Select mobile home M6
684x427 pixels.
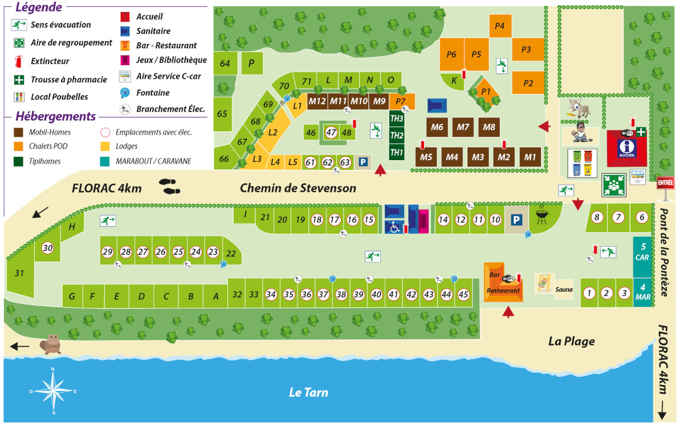[x=437, y=127]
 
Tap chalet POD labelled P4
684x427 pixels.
[x=499, y=26]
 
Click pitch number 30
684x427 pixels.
[x=48, y=248]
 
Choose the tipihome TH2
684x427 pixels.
[x=397, y=135]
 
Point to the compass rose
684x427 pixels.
[x=53, y=391]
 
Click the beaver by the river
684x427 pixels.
[x=51, y=343]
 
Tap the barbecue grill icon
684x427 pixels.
[x=541, y=215]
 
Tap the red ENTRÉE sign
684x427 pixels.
[x=665, y=182]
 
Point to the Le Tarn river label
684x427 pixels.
[x=308, y=392]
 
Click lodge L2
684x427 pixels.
[x=272, y=132]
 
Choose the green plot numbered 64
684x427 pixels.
[x=225, y=64]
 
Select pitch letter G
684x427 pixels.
[x=72, y=296]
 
